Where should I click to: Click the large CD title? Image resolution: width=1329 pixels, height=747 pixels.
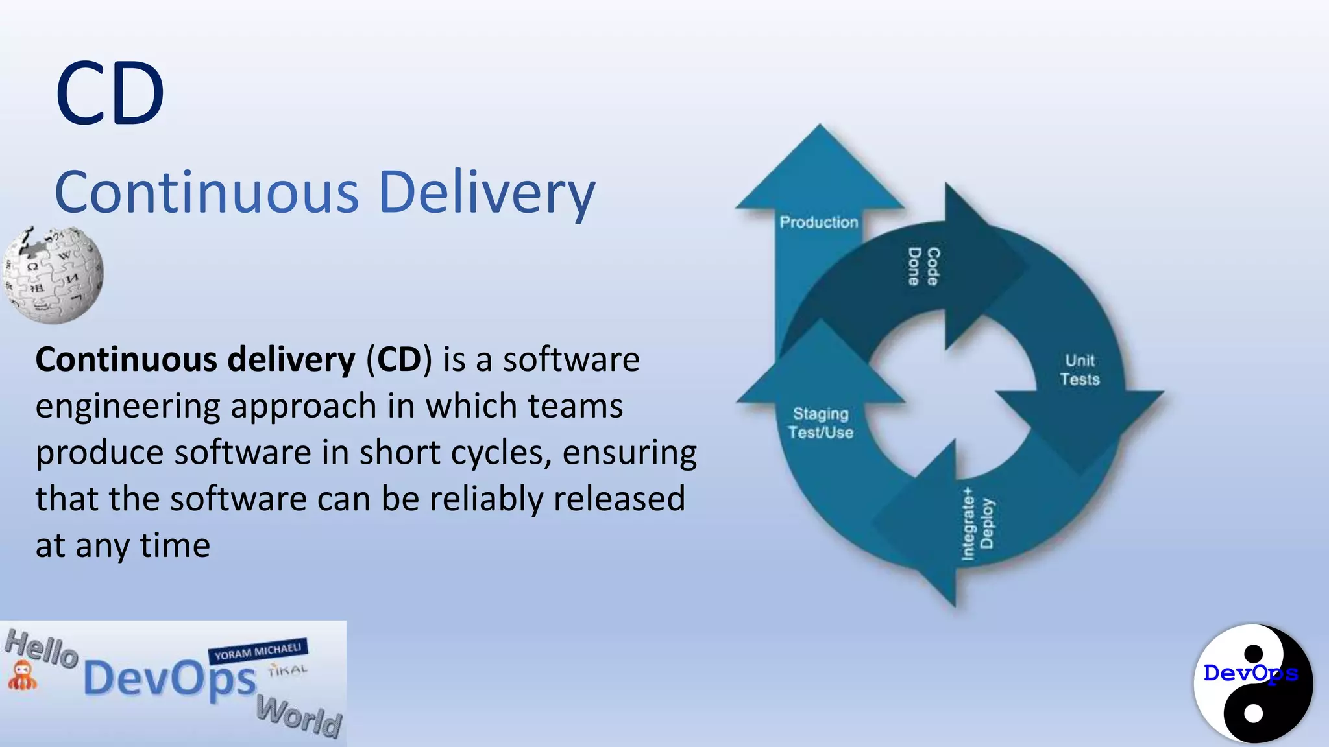(x=110, y=94)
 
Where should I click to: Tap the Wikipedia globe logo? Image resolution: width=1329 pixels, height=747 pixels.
(x=53, y=275)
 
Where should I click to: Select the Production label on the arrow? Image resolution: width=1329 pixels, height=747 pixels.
(x=818, y=222)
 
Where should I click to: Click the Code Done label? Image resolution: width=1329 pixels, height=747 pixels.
(x=923, y=267)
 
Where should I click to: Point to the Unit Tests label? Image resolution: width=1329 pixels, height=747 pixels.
(x=1080, y=370)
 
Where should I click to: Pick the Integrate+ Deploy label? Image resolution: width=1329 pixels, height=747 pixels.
(x=977, y=524)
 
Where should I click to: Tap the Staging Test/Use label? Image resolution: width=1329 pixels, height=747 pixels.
(x=820, y=423)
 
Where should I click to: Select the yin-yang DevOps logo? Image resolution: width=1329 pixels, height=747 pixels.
(x=1253, y=683)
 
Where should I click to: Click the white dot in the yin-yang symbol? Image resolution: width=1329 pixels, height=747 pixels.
(x=1253, y=713)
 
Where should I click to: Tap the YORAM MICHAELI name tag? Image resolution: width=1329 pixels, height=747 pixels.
(x=258, y=651)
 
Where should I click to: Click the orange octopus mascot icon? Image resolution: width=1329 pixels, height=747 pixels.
(x=22, y=675)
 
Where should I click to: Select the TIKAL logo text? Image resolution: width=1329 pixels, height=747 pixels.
(x=287, y=670)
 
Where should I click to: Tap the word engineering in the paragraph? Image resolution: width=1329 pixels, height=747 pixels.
(x=127, y=407)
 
